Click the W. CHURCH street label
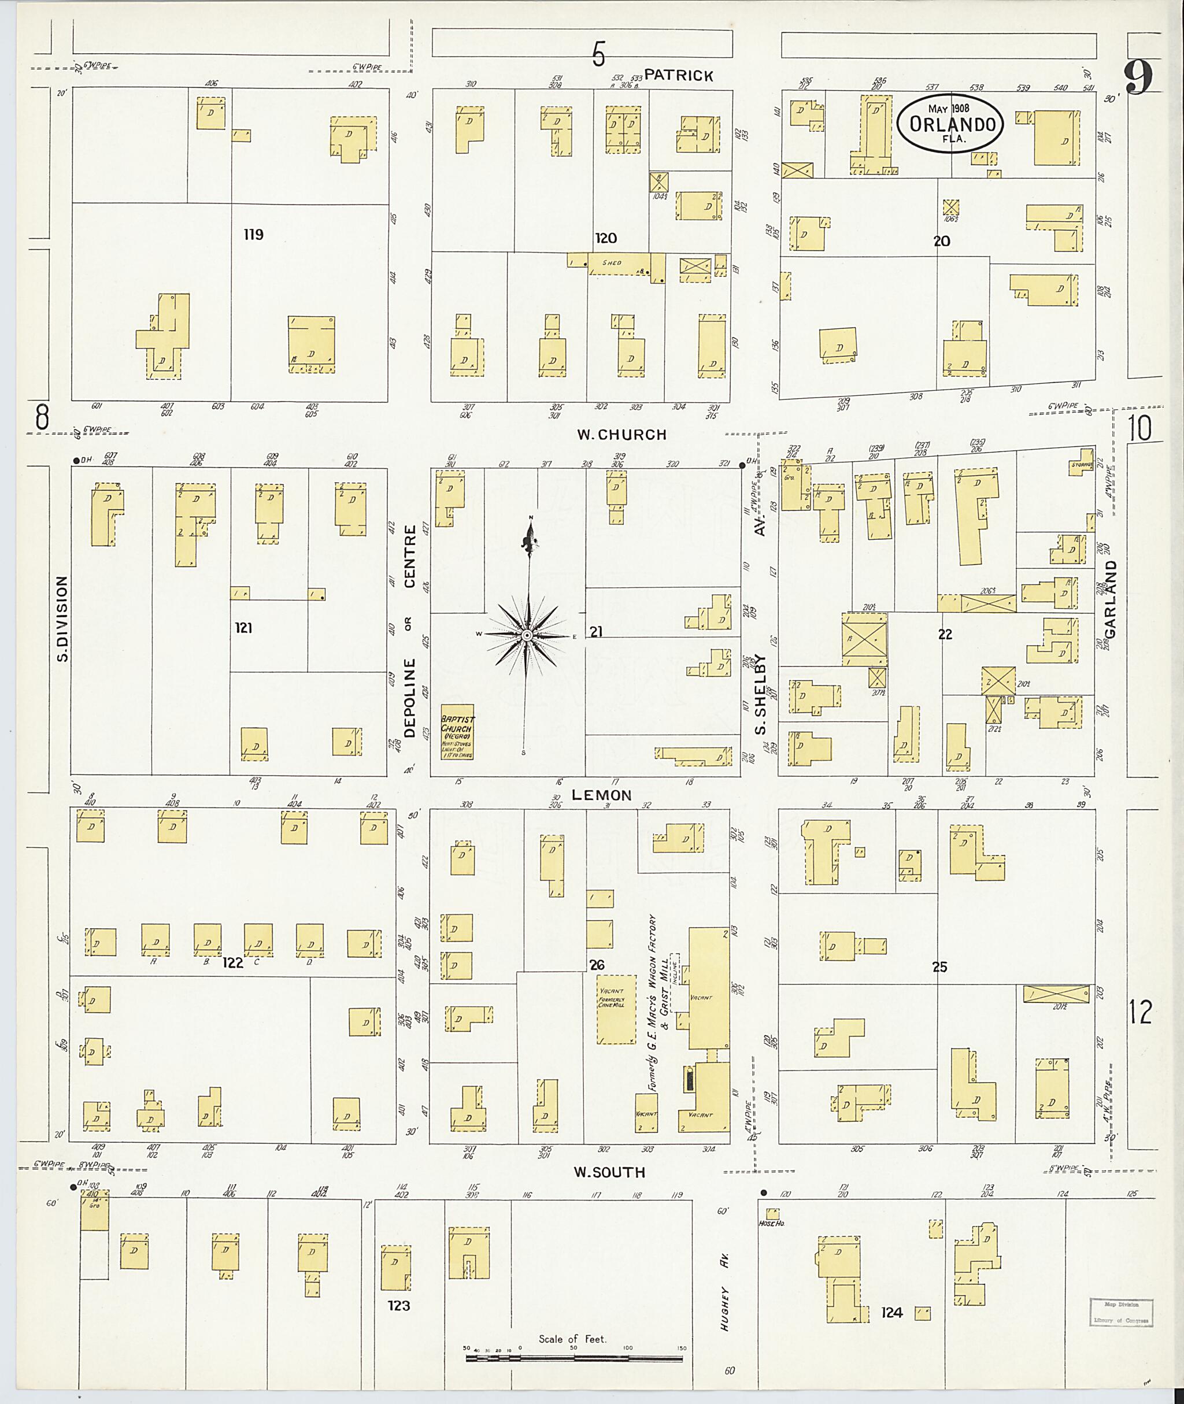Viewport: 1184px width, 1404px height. pyautogui.click(x=621, y=435)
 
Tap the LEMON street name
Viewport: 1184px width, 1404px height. pyautogui.click(x=601, y=795)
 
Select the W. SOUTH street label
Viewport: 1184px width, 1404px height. pyautogui.click(x=609, y=1172)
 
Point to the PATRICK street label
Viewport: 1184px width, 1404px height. pyautogui.click(x=679, y=75)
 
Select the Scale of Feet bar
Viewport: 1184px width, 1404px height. pyautogui.click(x=574, y=1359)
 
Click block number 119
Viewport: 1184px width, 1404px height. pyautogui.click(x=253, y=234)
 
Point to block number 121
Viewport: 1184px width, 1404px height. pyautogui.click(x=243, y=628)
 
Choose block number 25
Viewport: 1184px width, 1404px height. pyautogui.click(x=939, y=967)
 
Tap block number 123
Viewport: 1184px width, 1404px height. pyautogui.click(x=399, y=1305)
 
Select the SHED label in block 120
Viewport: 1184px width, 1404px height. pyautogui.click(x=612, y=263)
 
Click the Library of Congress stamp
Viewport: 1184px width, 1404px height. pyautogui.click(x=1120, y=1312)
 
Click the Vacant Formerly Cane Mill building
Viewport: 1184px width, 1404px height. pyautogui.click(x=616, y=1009)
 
